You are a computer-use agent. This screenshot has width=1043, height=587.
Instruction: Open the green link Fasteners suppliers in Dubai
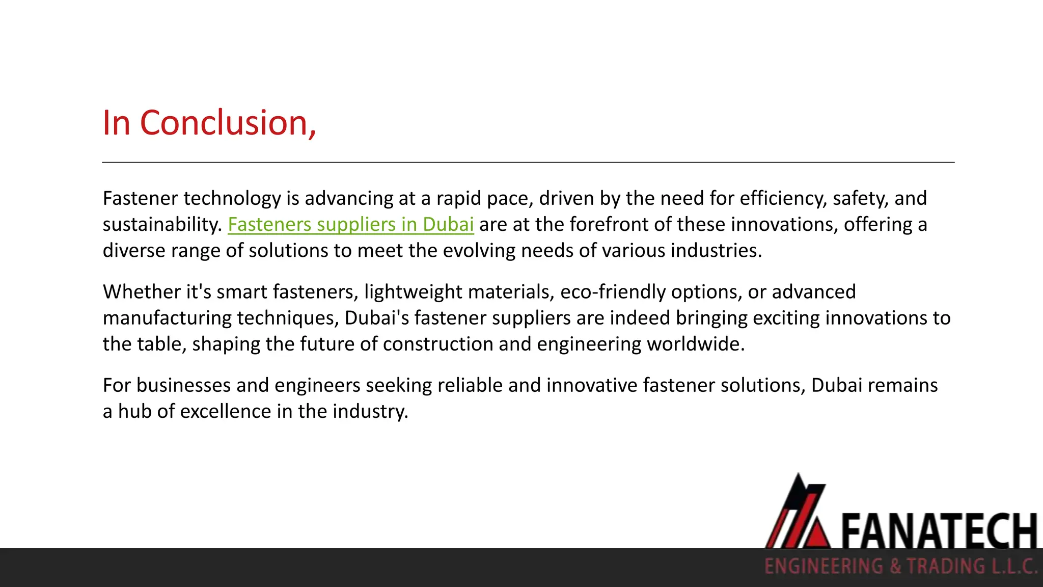coord(350,225)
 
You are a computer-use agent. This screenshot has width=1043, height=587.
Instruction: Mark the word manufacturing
coord(167,318)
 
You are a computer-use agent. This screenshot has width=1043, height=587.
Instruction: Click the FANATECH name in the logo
coord(938,531)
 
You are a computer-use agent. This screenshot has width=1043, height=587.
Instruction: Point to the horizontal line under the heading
coord(528,163)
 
